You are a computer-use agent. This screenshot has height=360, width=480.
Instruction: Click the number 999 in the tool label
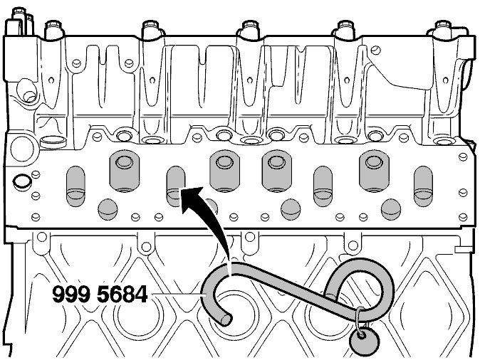pyautogui.click(x=71, y=295)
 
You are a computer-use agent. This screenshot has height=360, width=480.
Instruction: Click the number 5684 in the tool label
pyautogui.click(x=122, y=295)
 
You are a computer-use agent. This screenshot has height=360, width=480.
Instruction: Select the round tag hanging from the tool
pyautogui.click(x=365, y=342)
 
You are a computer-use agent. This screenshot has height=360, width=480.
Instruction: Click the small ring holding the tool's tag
pyautogui.click(x=360, y=322)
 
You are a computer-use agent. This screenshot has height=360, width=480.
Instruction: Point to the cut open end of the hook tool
pyautogui.click(x=226, y=319)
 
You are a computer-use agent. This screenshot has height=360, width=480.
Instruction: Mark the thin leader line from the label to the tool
pyautogui.click(x=177, y=295)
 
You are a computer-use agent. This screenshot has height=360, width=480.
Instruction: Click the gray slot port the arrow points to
pyautogui.click(x=176, y=186)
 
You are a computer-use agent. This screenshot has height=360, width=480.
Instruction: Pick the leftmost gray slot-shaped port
pyautogui.click(x=75, y=186)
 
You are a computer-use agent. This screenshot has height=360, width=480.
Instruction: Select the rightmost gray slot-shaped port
pyautogui.click(x=423, y=186)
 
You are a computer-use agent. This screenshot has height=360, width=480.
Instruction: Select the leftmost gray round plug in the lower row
pyautogui.click(x=108, y=209)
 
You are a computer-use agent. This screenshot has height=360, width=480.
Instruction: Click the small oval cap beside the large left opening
pyautogui.click(x=53, y=142)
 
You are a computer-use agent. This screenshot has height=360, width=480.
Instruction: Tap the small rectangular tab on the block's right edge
pyautogui.click(x=462, y=250)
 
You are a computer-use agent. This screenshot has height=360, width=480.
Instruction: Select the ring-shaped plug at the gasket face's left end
pyautogui.click(x=22, y=181)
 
